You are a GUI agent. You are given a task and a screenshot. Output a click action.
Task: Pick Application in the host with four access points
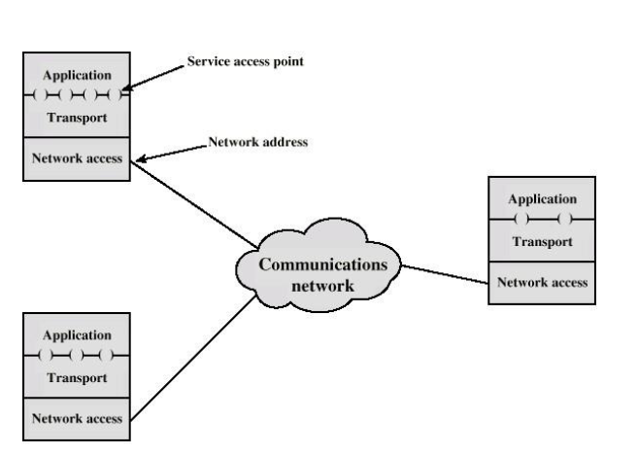click(x=77, y=76)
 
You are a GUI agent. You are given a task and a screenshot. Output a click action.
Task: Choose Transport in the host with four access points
click(x=77, y=117)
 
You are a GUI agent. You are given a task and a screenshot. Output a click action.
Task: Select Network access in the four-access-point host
click(x=77, y=158)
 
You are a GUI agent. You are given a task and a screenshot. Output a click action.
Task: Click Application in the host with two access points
click(x=542, y=198)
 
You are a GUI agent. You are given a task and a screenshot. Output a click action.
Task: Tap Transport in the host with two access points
click(x=542, y=241)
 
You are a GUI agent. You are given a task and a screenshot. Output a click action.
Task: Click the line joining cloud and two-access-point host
click(x=445, y=274)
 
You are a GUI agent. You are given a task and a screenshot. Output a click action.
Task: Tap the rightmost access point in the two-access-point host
click(x=563, y=220)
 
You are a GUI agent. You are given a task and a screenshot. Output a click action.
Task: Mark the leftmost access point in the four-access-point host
click(x=40, y=95)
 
